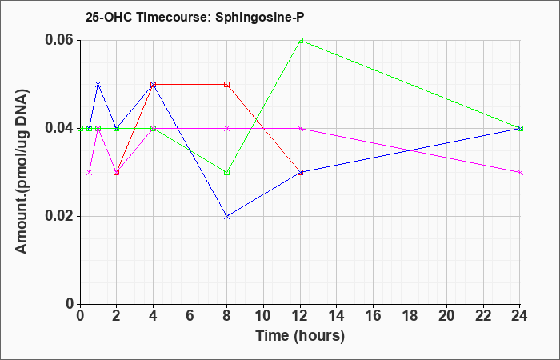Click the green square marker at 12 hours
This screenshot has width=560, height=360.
click(x=300, y=40)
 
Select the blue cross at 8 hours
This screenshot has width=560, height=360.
click(x=226, y=217)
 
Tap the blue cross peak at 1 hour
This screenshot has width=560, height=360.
click(x=98, y=85)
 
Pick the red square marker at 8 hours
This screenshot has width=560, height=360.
click(x=226, y=85)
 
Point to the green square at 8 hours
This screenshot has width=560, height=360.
click(x=226, y=173)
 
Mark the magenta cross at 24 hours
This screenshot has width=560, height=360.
click(x=520, y=173)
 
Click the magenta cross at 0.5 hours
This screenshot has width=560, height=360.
click(x=90, y=173)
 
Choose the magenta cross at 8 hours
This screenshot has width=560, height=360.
click(x=226, y=129)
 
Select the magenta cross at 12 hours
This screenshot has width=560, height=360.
click(x=300, y=129)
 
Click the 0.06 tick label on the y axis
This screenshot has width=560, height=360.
click(x=59, y=40)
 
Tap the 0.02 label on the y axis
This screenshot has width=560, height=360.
click(x=59, y=216)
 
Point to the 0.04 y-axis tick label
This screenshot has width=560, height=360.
click(x=59, y=128)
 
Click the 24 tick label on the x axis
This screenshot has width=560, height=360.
click(x=520, y=316)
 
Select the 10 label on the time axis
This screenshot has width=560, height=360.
click(x=263, y=316)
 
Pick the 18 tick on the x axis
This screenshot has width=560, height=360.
click(x=410, y=316)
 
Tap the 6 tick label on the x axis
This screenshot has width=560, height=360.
click(x=190, y=316)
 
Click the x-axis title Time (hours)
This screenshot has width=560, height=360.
click(x=300, y=336)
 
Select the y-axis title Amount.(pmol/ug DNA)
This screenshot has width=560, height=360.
click(x=22, y=171)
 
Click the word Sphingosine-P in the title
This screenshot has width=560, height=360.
click(x=260, y=18)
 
